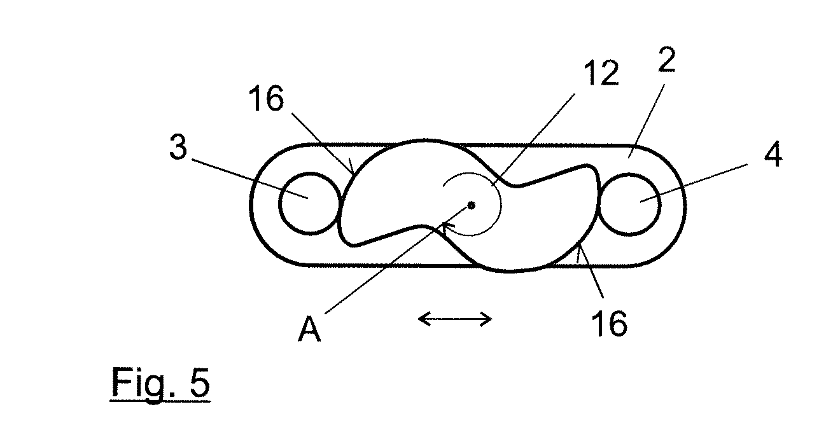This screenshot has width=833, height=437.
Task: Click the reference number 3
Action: [178, 147]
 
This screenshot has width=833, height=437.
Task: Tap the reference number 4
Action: [774, 154]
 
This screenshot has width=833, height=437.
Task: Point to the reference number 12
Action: [601, 73]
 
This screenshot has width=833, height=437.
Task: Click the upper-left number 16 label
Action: [266, 98]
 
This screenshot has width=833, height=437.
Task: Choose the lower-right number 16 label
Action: [610, 324]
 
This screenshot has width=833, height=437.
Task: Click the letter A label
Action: [309, 328]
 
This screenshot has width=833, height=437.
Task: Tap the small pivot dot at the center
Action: [471, 205]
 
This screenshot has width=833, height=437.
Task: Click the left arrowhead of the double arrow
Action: [424, 319]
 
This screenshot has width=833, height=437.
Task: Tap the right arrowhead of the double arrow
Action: [486, 319]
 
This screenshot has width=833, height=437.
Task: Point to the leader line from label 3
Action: [250, 179]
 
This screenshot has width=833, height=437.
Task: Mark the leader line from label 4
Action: [694, 183]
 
